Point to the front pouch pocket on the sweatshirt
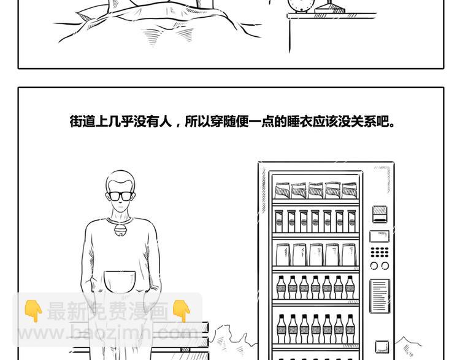click(x=120, y=281)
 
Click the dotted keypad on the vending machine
click(x=379, y=252)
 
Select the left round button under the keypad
click(x=374, y=265)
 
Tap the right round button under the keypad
click(x=385, y=265)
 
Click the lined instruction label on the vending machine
click(x=380, y=295)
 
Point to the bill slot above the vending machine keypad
click(x=380, y=214)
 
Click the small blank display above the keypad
click(x=379, y=236)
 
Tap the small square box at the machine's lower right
click(x=382, y=346)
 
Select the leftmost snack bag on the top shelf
click(x=282, y=190)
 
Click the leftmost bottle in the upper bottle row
click(x=281, y=287)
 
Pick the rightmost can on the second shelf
click(x=351, y=221)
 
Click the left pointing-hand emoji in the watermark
click(x=33, y=311)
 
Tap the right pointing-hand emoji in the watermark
click(x=181, y=311)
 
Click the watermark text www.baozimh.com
click(x=107, y=334)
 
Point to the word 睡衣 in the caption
click(x=298, y=122)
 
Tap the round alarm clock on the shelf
click(x=296, y=6)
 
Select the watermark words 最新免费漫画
click(x=107, y=311)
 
